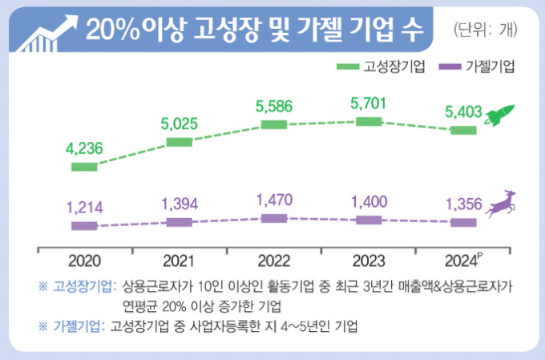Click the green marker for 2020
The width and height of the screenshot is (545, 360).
coord(84,167)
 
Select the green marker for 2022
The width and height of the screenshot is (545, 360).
coord(274,124)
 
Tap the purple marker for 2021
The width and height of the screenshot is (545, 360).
coord(180,222)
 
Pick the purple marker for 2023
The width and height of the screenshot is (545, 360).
coord(369,220)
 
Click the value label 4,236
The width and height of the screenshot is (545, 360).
coord(84,148)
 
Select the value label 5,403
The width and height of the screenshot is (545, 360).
coord(462,111)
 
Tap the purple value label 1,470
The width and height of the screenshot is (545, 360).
coord(274,199)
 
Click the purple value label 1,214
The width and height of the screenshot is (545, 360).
coord(84,207)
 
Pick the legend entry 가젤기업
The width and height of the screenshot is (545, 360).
coord(478,65)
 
